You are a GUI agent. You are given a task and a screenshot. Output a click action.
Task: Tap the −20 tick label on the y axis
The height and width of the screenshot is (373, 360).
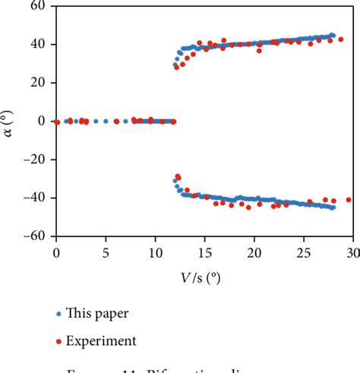tap(34, 160)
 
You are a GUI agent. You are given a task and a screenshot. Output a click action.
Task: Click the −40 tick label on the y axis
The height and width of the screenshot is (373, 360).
tap(34, 198)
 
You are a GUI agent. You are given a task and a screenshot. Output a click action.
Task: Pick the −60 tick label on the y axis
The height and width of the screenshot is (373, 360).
tap(34, 236)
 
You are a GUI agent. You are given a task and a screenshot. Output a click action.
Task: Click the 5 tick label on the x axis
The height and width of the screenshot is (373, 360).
tap(106, 251)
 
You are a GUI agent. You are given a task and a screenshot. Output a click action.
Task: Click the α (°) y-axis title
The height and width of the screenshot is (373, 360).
tap(11, 121)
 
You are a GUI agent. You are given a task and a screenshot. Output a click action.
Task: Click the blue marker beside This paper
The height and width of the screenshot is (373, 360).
tap(58, 313)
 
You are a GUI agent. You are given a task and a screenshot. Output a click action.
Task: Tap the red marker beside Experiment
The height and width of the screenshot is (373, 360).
tap(58, 341)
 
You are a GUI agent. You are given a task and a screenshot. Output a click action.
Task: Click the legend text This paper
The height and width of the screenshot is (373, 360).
tap(97, 313)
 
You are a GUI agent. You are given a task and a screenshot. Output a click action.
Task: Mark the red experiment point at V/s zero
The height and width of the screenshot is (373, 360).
tap(57, 122)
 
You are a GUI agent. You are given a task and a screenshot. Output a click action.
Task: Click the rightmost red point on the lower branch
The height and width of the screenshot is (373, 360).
tap(349, 200)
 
